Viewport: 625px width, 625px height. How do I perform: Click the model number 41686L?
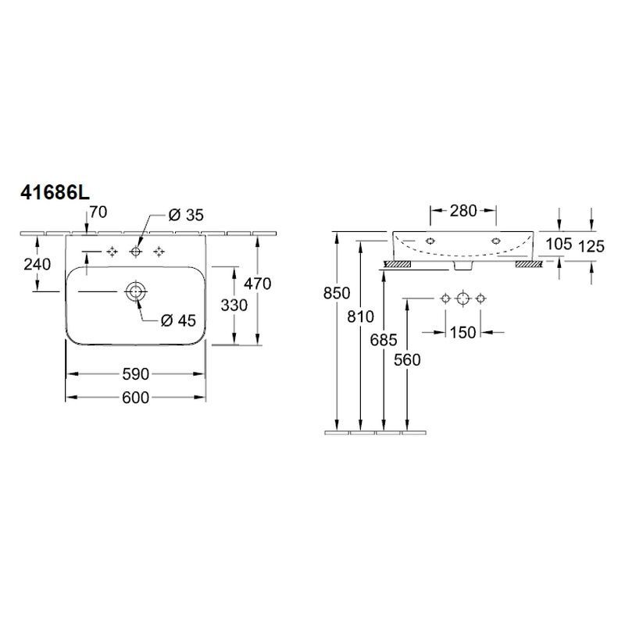tap(55, 193)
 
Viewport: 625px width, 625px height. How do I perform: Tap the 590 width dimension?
tap(135, 374)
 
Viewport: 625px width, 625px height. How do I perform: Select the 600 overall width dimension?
tap(135, 398)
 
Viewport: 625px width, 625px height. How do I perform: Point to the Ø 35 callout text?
tap(186, 216)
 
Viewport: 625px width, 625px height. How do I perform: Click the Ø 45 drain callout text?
tap(179, 320)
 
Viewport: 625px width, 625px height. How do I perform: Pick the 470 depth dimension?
tap(258, 284)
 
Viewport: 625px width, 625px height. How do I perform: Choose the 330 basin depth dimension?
tap(234, 305)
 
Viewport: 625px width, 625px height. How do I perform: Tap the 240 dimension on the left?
tap(37, 264)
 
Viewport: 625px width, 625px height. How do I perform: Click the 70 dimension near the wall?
tap(98, 212)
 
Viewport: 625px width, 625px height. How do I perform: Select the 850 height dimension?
tap(337, 294)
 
